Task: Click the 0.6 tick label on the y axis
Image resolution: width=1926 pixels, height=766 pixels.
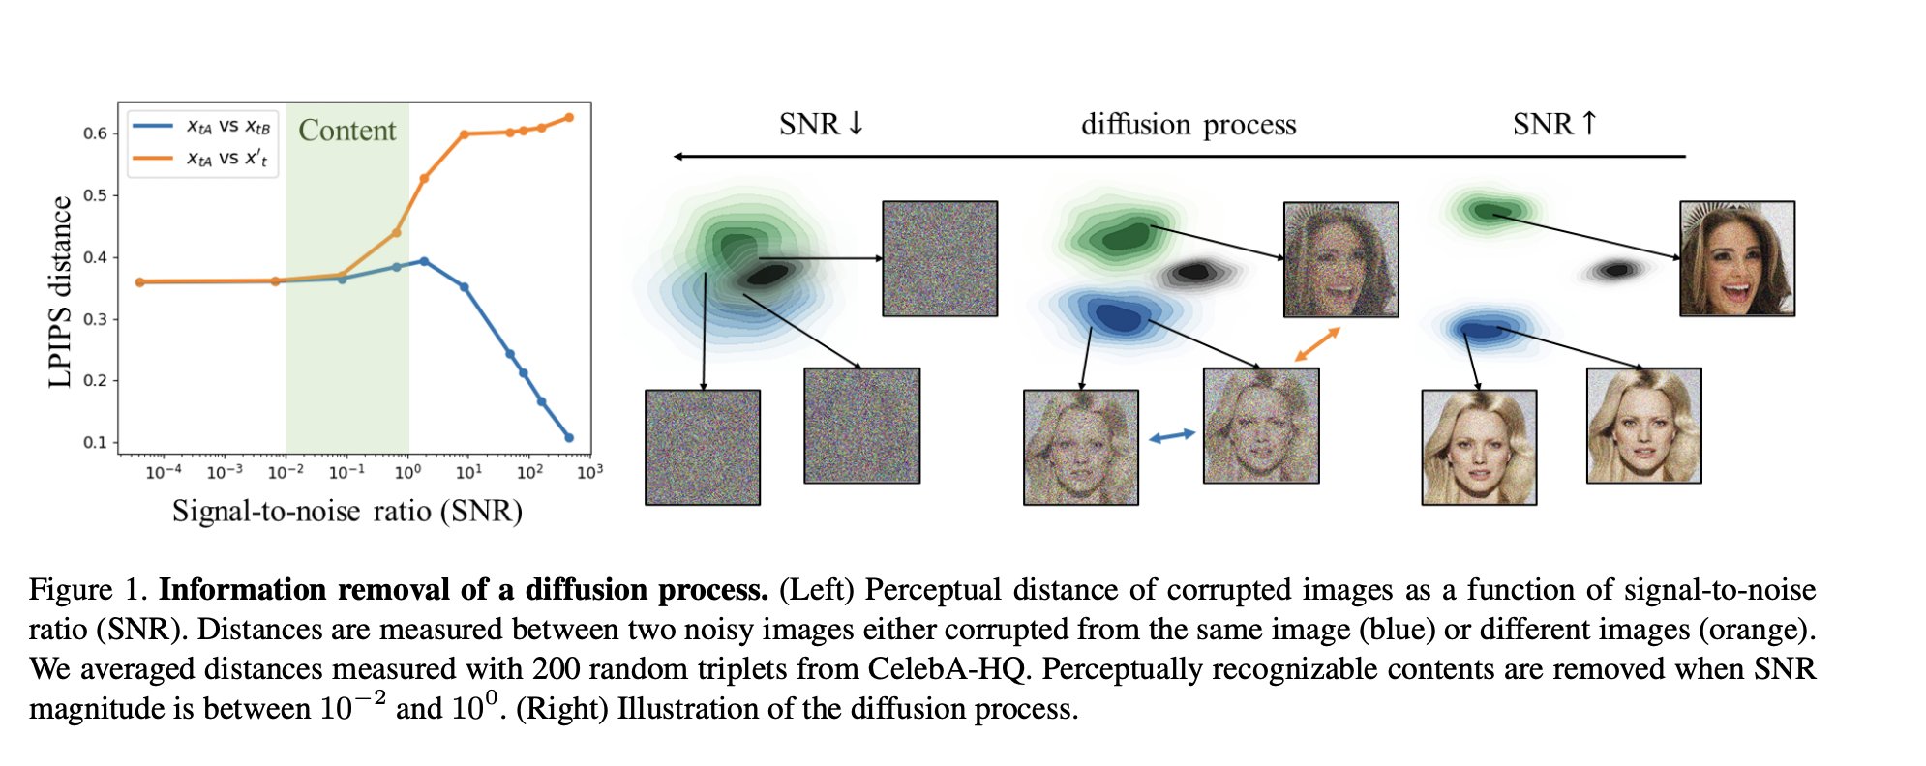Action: (x=95, y=133)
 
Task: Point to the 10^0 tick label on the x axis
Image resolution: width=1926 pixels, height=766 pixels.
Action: (x=407, y=472)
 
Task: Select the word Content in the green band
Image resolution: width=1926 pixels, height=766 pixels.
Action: (x=346, y=131)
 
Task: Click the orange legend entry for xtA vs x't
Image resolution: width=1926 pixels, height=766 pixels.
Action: (x=203, y=158)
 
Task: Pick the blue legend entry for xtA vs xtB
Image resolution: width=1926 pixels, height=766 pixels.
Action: (x=203, y=126)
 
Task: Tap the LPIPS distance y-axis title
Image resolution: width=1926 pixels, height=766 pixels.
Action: (x=60, y=291)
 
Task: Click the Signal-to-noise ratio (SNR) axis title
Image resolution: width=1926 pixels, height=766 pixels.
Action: (x=346, y=511)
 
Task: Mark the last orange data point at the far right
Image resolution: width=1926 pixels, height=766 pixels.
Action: (x=569, y=118)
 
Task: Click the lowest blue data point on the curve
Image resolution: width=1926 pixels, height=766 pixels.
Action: (x=569, y=438)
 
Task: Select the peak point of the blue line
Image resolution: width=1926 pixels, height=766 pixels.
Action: (x=424, y=261)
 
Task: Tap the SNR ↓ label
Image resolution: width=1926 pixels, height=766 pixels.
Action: (x=821, y=125)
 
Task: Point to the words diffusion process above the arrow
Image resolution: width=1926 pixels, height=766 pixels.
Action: (x=1188, y=125)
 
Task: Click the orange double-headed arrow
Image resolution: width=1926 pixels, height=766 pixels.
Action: (x=1317, y=344)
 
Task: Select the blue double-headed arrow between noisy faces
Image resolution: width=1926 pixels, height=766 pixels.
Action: (x=1171, y=436)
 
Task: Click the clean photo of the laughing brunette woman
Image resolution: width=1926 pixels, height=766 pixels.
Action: (x=1736, y=258)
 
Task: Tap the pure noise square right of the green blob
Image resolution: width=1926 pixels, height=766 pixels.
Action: (x=939, y=258)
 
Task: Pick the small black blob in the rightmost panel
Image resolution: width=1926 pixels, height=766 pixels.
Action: (x=1615, y=270)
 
